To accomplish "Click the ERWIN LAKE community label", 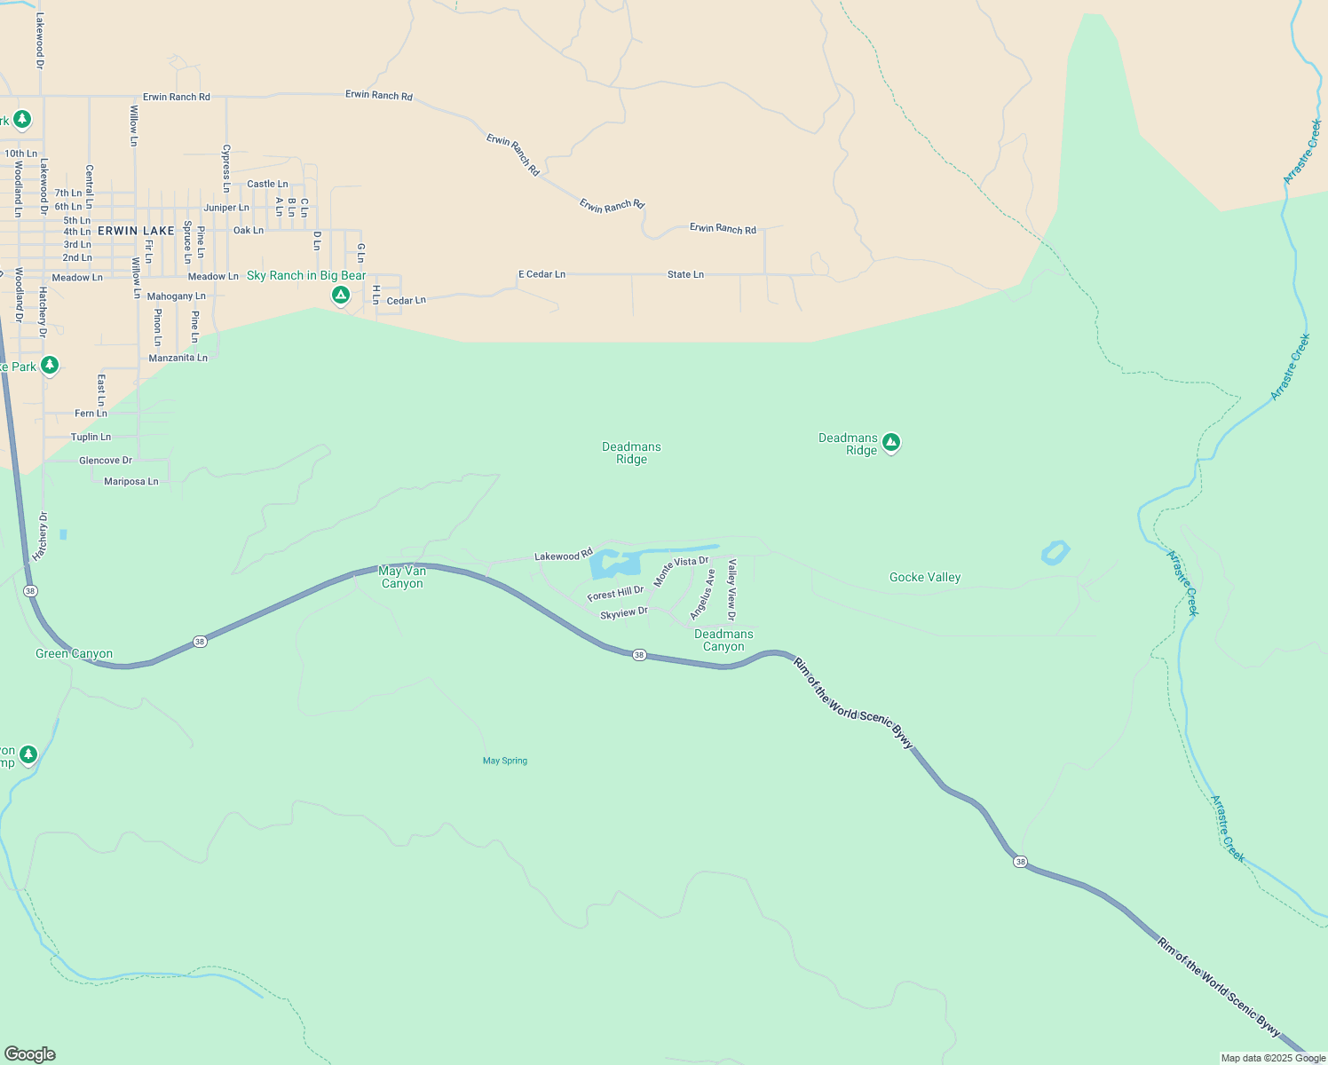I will [136, 231].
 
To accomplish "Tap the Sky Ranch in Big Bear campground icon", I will [340, 295].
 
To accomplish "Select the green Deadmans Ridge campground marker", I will [891, 442].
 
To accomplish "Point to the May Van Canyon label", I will [402, 577].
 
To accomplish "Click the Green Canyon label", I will [74, 654].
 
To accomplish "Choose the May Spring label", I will [505, 761].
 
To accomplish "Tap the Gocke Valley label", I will [925, 577].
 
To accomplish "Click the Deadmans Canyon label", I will [723, 640].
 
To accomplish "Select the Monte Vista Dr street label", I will [682, 571].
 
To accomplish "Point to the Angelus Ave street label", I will [702, 595].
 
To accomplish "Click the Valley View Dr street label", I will [731, 589].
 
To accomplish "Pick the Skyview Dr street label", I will [624, 613].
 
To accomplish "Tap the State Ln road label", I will [685, 274].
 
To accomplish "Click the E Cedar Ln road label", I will [541, 274].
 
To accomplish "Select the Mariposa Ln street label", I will [130, 481].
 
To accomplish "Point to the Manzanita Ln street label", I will [178, 358].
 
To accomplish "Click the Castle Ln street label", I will [267, 184].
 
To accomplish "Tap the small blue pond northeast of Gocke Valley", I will [1055, 553].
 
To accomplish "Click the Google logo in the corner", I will [30, 1054].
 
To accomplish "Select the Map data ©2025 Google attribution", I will [1273, 1058].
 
